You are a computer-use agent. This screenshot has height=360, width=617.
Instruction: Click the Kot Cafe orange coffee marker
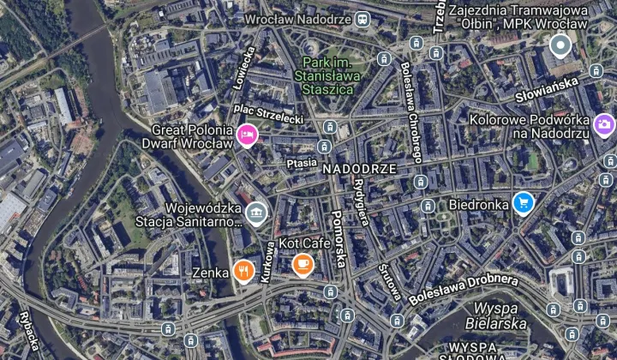click(302, 264)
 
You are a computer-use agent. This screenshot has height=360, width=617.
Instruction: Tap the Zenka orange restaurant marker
click(244, 271)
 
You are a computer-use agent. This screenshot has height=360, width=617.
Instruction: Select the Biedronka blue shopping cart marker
click(523, 203)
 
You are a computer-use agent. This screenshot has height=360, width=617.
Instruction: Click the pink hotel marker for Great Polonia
click(248, 135)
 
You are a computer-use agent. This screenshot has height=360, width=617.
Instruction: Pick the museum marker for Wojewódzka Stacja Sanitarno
click(255, 212)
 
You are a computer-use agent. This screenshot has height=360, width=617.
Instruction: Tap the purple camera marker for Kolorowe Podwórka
click(604, 125)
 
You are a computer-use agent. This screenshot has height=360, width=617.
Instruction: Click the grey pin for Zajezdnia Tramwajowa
click(560, 45)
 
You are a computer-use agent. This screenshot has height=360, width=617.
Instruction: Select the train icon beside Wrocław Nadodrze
click(363, 18)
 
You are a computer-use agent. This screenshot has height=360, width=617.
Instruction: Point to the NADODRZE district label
click(360, 169)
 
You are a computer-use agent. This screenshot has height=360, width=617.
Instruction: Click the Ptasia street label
click(302, 162)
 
